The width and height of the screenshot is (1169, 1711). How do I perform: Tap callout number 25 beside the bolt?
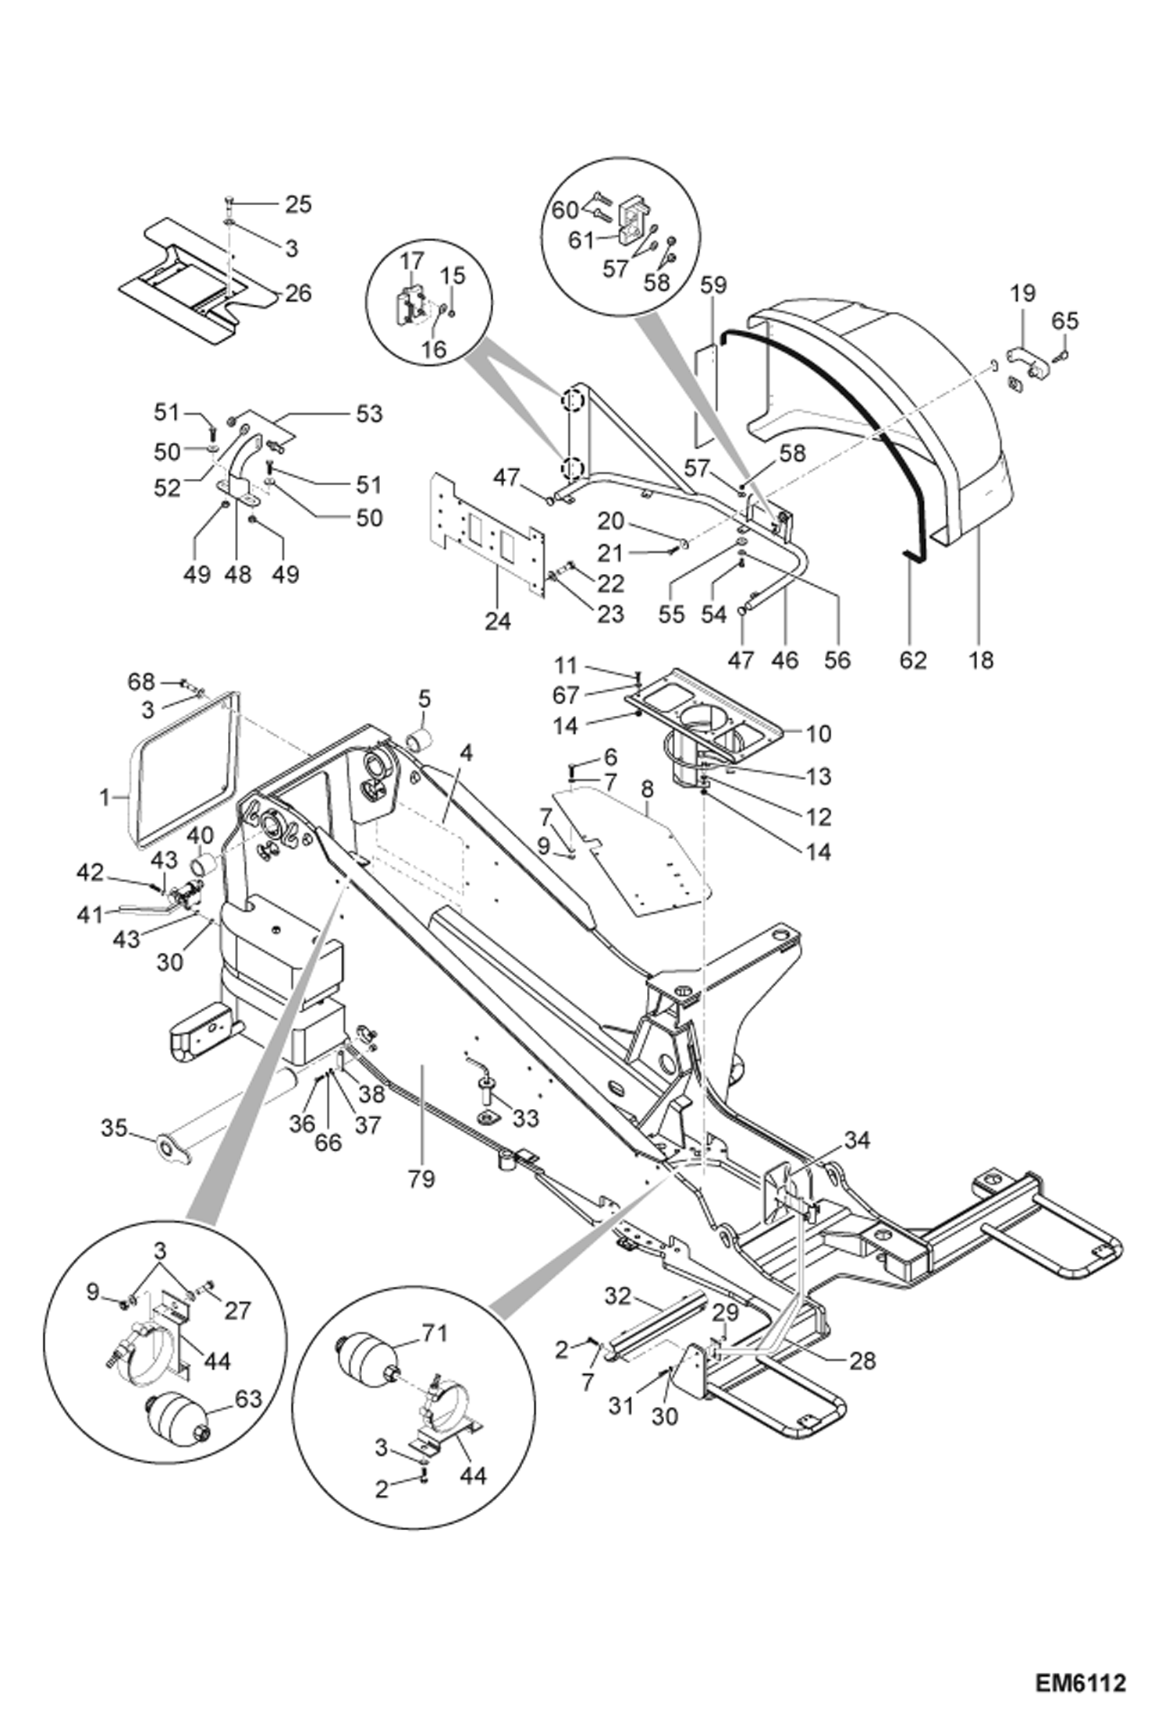tap(297, 204)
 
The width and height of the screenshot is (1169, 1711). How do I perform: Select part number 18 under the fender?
tap(981, 660)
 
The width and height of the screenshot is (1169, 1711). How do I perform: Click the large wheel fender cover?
tap(897, 406)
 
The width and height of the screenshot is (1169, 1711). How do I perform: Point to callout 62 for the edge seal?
tap(912, 660)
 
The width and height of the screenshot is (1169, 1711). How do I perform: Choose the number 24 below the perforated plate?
tap(498, 622)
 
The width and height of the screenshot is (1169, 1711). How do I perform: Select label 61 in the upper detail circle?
tap(581, 240)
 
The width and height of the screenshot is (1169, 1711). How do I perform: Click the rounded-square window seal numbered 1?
tap(183, 768)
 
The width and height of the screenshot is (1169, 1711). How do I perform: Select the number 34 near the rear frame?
tap(856, 1140)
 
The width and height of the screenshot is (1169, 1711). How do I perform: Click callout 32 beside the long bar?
tap(617, 1296)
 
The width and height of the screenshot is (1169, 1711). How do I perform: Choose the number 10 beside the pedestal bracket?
tap(819, 733)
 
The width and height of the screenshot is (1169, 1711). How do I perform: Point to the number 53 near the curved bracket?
tap(369, 413)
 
